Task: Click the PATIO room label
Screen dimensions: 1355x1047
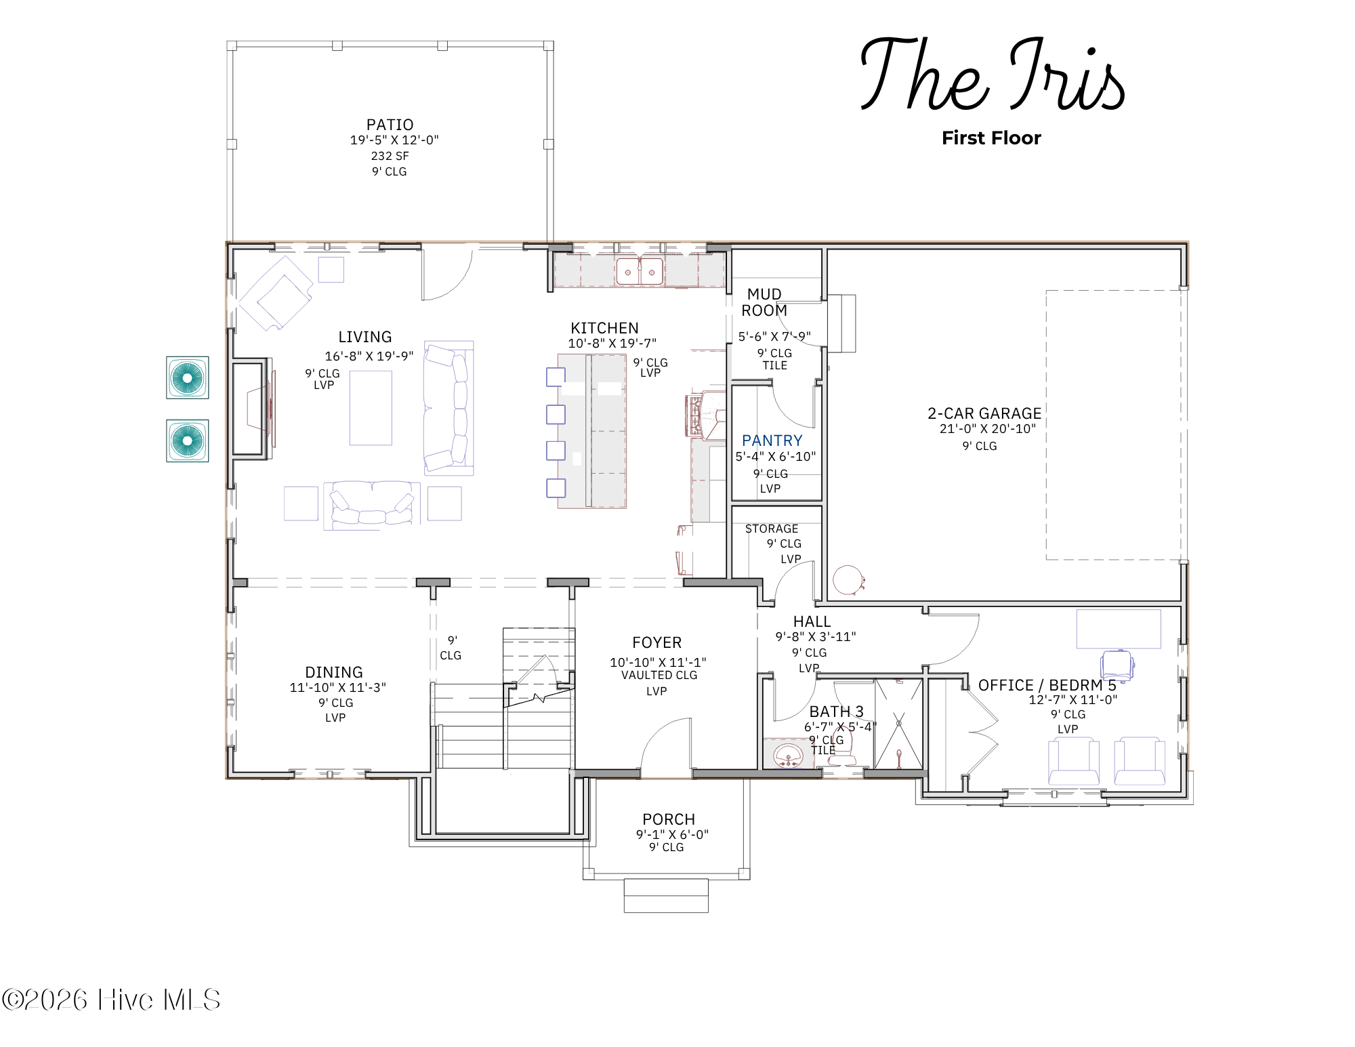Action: click(x=390, y=125)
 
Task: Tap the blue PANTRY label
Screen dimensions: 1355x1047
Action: click(x=772, y=440)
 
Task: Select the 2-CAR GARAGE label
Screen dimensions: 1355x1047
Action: click(x=984, y=413)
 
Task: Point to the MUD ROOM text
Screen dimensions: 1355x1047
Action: click(x=764, y=302)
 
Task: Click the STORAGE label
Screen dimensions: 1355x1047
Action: click(x=772, y=529)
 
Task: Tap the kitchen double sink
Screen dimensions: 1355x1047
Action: click(x=640, y=272)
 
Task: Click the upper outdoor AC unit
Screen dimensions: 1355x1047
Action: click(x=188, y=377)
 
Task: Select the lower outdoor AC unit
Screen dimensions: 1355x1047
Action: click(x=188, y=440)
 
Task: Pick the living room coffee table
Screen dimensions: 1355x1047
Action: click(x=371, y=408)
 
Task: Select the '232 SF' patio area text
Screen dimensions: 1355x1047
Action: click(x=390, y=156)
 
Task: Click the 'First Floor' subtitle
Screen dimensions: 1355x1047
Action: click(x=991, y=138)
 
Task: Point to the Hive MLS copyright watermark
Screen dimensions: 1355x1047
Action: click(x=112, y=1000)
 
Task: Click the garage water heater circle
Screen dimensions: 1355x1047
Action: click(x=848, y=580)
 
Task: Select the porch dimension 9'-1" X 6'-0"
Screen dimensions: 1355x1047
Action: click(x=672, y=834)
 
